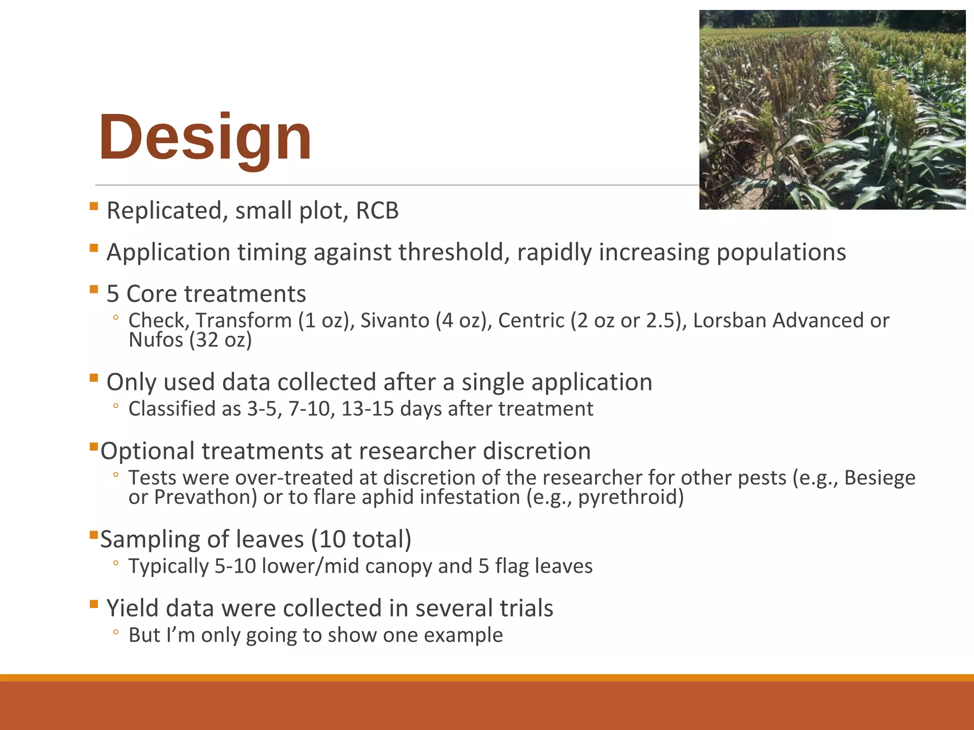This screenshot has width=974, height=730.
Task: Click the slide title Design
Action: click(x=205, y=138)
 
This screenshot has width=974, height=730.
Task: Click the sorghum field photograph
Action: click(x=832, y=110)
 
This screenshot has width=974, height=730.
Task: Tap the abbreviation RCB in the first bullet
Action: click(x=377, y=211)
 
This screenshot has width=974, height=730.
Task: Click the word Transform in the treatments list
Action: click(x=243, y=320)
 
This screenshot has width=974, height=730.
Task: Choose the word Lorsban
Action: click(x=730, y=320)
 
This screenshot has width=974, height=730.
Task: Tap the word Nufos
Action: click(x=156, y=340)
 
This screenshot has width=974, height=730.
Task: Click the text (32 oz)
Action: click(x=221, y=340)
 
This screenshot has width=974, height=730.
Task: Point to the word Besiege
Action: click(x=879, y=478)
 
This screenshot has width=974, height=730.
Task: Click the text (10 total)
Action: click(x=361, y=539)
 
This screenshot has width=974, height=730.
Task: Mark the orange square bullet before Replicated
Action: click(x=94, y=206)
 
